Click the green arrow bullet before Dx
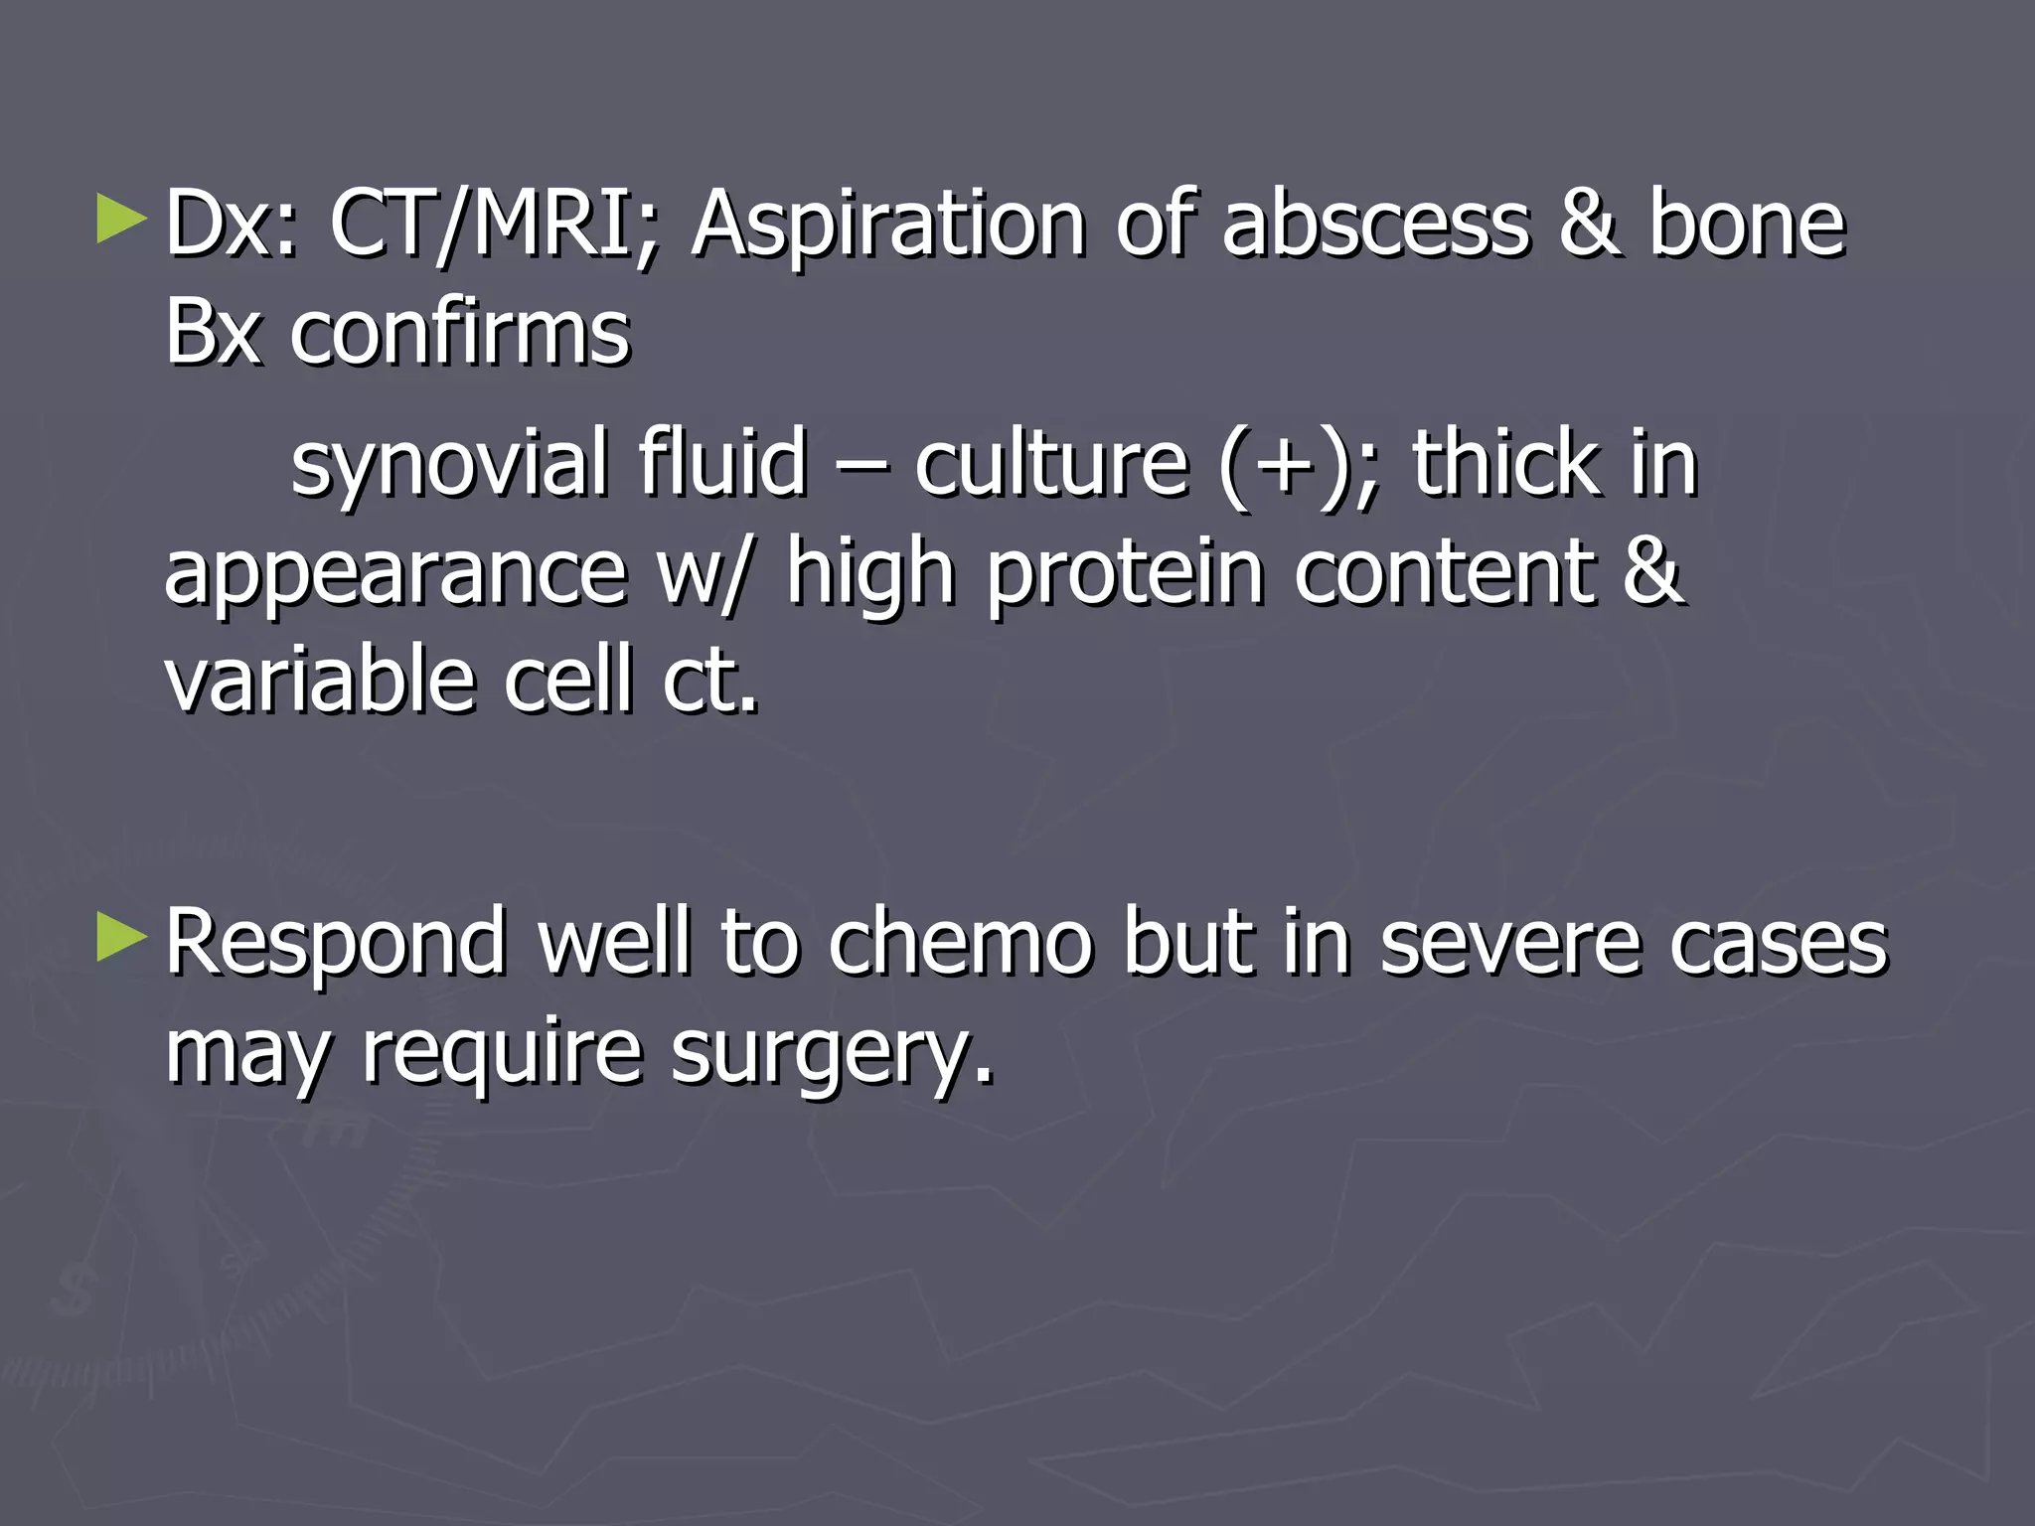tap(121, 221)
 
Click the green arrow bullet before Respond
tap(121, 938)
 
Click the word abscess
tap(1375, 225)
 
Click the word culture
tap(1050, 463)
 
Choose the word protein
tap(1126, 574)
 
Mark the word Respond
tap(336, 944)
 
